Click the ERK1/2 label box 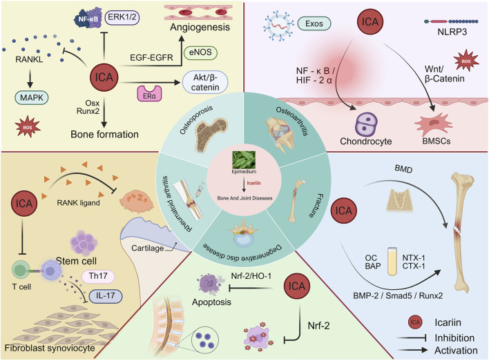tap(122, 17)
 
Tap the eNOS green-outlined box tap(200, 52)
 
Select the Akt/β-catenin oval tap(205, 82)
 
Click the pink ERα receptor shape tap(149, 94)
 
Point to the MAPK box tap(32, 98)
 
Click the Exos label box tap(314, 23)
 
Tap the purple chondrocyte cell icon tap(366, 125)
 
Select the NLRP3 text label tap(452, 32)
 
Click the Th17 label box tap(98, 276)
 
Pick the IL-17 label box tap(106, 296)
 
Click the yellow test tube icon tap(392, 261)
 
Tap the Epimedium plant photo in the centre tap(244, 159)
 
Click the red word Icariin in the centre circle tap(253, 183)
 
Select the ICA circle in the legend tap(415, 322)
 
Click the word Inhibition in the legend tap(454, 338)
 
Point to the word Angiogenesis tap(200, 28)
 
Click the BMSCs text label tap(437, 142)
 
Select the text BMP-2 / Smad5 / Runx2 tap(398, 295)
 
